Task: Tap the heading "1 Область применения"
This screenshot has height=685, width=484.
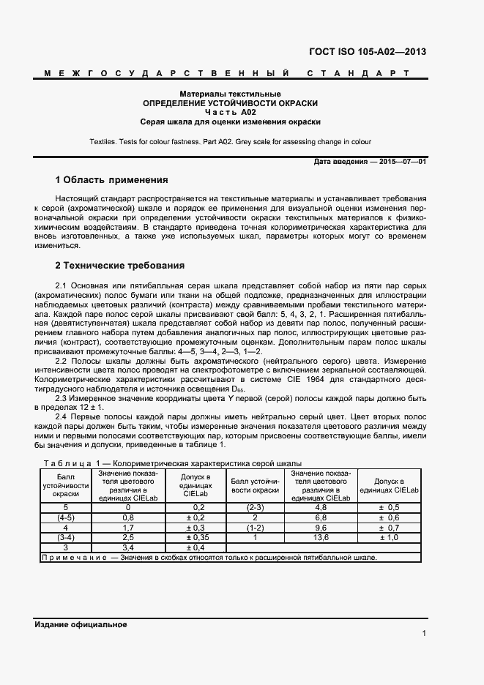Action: pos(112,179)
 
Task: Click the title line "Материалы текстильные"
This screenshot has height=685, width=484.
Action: pos(231,94)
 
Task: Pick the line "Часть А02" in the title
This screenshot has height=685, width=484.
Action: pos(231,113)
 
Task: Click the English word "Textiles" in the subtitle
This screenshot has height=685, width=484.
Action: pos(104,141)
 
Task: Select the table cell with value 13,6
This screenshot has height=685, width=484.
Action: pos(321,537)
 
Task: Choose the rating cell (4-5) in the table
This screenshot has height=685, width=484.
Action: pos(65,517)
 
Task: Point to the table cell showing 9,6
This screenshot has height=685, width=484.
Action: pos(321,527)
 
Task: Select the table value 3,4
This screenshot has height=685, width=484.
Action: pos(128,547)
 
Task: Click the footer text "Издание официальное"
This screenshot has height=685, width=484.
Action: pos(81,624)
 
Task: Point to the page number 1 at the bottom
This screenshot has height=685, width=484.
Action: pos(424,634)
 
